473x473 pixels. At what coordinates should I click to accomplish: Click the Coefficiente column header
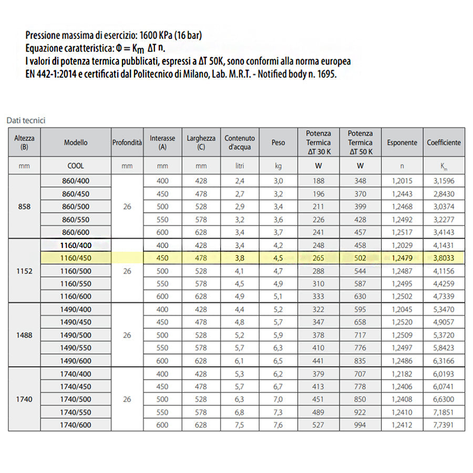(x=444, y=142)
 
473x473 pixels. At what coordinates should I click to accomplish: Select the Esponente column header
(x=402, y=142)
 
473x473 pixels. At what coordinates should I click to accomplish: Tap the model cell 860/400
(x=76, y=181)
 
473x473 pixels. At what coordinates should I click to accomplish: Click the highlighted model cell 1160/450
(x=76, y=258)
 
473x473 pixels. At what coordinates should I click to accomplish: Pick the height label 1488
(x=24, y=335)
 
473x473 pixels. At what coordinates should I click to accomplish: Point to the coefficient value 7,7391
(x=444, y=425)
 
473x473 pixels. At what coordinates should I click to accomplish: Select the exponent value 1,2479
(x=402, y=258)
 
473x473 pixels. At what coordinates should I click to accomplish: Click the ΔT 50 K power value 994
(x=360, y=425)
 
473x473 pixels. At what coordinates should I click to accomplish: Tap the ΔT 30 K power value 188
(x=318, y=181)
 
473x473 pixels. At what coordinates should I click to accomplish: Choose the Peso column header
(x=278, y=142)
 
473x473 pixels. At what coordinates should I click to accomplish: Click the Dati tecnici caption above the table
(x=26, y=120)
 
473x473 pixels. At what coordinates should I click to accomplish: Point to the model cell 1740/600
(x=76, y=425)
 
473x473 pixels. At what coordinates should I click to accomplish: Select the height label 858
(x=24, y=207)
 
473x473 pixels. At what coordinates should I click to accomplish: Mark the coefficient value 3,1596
(x=444, y=181)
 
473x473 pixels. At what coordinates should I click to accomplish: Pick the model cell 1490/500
(x=76, y=335)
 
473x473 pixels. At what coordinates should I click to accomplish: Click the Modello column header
(x=76, y=142)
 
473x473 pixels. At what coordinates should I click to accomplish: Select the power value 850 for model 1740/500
(x=360, y=399)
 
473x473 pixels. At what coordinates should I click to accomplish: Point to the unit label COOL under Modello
(x=76, y=166)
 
